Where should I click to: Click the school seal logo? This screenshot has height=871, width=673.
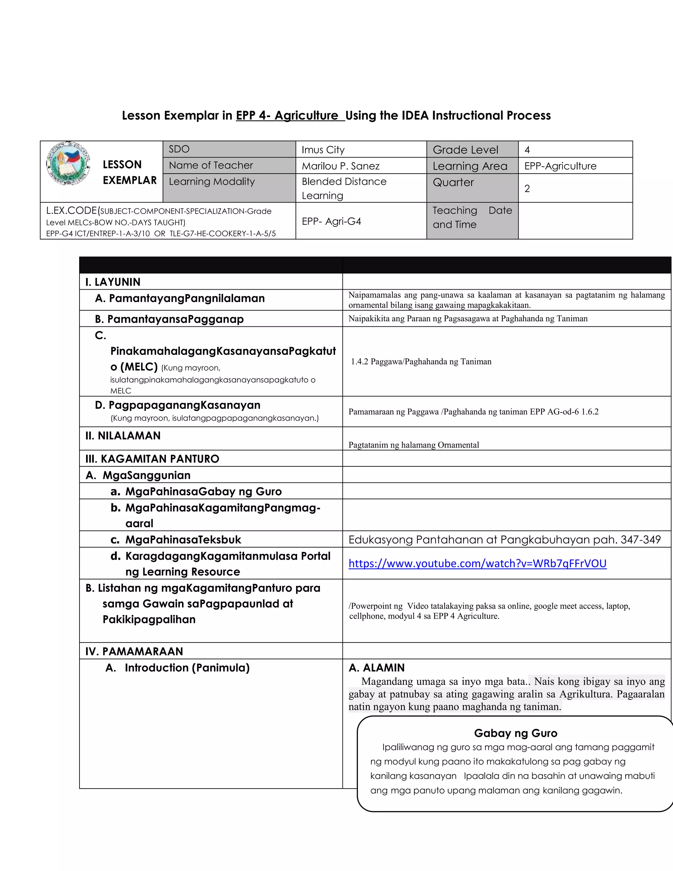pyautogui.click(x=68, y=163)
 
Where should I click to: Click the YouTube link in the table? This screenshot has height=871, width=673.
pyautogui.click(x=477, y=563)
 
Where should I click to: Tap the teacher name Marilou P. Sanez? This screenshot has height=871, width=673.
pyautogui.click(x=340, y=166)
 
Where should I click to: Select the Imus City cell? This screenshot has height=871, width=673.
pyautogui.click(x=323, y=150)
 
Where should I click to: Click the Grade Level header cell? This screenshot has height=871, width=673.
pyautogui.click(x=465, y=150)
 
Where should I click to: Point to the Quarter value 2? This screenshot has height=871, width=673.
pyautogui.click(x=527, y=189)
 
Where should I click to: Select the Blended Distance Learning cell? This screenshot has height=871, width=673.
pyautogui.click(x=344, y=188)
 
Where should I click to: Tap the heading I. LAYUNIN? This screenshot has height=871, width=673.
pyautogui.click(x=113, y=282)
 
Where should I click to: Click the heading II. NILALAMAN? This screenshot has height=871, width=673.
pyautogui.click(x=123, y=436)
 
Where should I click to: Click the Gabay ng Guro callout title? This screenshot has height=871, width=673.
pyautogui.click(x=516, y=733)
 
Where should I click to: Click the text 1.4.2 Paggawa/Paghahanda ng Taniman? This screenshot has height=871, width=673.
pyautogui.click(x=421, y=362)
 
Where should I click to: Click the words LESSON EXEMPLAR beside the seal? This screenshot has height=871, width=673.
pyautogui.click(x=129, y=172)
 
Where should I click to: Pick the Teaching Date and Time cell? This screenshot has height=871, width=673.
pyautogui.click(x=472, y=217)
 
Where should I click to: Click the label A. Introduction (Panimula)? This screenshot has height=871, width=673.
pyautogui.click(x=178, y=668)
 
